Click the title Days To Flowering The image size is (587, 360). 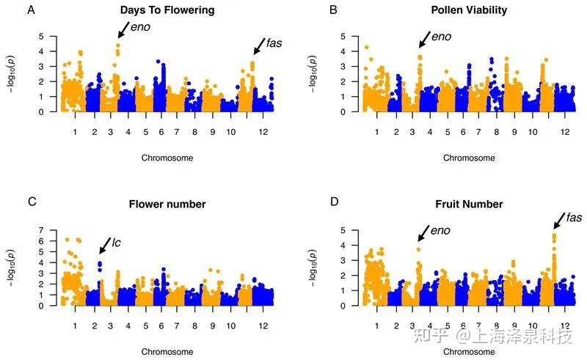(x=167, y=11)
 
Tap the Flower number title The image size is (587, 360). (x=167, y=204)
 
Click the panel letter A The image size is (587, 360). (x=30, y=10)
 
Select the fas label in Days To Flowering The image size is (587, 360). (x=273, y=43)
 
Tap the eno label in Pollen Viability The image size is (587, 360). (x=442, y=37)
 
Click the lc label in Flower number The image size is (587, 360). (x=117, y=241)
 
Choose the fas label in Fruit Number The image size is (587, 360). (x=575, y=218)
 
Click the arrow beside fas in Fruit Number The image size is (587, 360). (x=558, y=222)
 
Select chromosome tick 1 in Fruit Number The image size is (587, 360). (x=376, y=324)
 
